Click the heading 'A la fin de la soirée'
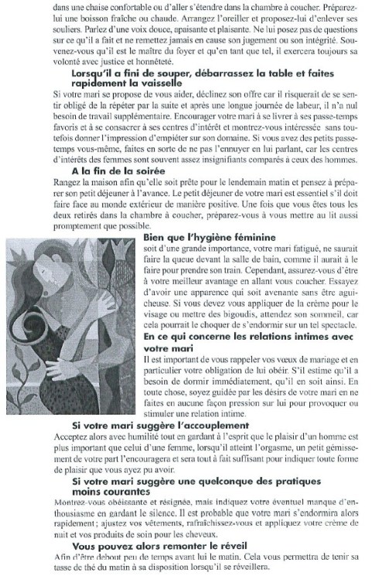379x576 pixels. tap(112, 170)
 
